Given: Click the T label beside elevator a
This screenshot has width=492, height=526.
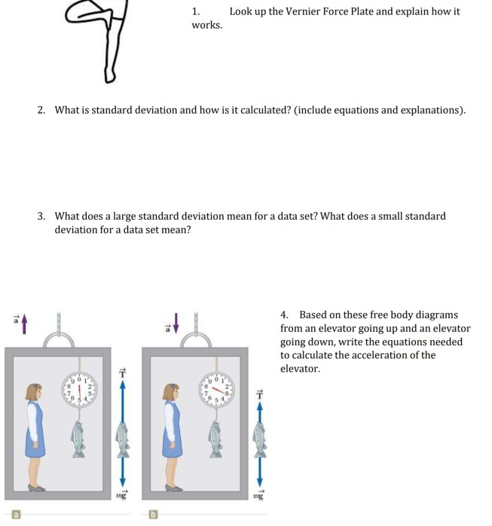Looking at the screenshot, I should click(118, 373).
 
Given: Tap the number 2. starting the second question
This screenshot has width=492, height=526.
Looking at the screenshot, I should click(42, 110).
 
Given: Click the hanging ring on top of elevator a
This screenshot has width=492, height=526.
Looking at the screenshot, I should click(59, 342).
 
